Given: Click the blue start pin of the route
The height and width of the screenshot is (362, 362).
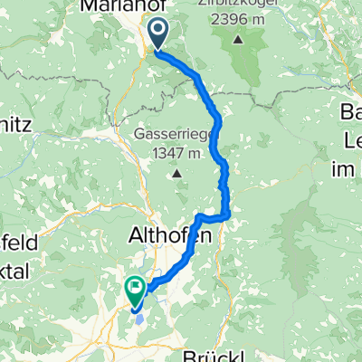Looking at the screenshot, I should tap(157, 34).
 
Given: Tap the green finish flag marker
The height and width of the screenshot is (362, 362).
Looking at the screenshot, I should tap(136, 290).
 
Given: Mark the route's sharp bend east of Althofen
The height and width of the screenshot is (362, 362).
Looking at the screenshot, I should tap(228, 214).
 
